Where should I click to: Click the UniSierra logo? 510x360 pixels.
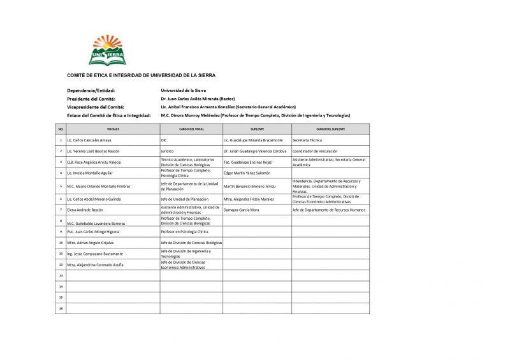click(107, 50)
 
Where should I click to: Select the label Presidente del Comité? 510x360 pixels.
click(91, 99)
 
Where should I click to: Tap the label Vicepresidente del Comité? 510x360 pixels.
click(96, 107)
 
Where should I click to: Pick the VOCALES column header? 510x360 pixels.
click(113, 129)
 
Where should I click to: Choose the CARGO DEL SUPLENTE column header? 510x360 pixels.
click(330, 129)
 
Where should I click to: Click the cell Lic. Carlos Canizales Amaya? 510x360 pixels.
click(89, 140)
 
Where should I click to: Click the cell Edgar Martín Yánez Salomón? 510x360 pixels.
click(247, 173)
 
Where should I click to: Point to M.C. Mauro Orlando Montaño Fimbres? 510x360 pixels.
click(98, 186)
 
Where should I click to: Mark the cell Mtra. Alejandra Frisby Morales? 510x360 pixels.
click(249, 199)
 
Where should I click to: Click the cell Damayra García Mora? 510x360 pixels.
click(242, 210)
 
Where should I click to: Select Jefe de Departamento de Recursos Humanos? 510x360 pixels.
click(329, 210)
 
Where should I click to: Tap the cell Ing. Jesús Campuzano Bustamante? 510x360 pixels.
click(95, 254)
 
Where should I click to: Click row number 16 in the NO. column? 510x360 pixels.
click(61, 308)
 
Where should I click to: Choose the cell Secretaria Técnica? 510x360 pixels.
click(307, 140)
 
